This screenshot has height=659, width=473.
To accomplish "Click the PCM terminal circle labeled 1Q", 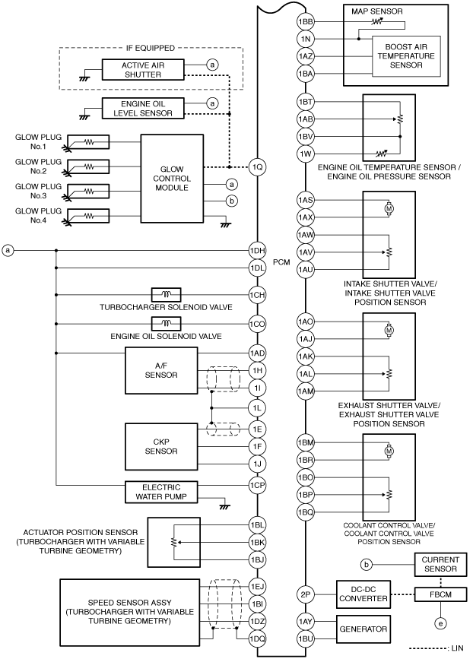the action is click(257, 167).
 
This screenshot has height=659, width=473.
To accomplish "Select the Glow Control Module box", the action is click(172, 179).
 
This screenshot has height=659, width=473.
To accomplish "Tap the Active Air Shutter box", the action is click(143, 70).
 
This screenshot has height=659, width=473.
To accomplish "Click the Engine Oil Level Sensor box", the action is click(143, 109).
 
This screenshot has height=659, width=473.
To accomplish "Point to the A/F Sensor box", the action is click(161, 370).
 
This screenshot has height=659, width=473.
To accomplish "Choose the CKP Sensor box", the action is click(161, 446).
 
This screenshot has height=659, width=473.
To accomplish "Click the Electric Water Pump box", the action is click(161, 492).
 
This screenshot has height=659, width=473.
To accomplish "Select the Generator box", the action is click(363, 629).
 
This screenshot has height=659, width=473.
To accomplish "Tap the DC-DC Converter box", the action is click(363, 594).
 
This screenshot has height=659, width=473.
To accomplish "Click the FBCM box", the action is click(440, 594).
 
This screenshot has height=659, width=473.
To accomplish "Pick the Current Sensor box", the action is click(440, 565).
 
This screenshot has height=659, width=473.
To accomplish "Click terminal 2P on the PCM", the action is click(306, 594).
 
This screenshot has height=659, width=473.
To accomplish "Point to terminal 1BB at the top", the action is click(306, 22).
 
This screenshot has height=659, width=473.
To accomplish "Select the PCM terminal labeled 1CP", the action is click(257, 485).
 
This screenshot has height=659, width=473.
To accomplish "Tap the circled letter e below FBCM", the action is click(440, 624).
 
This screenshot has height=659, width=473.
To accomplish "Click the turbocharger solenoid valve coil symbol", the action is click(166, 294).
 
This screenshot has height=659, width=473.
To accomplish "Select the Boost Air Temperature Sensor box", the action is click(406, 56).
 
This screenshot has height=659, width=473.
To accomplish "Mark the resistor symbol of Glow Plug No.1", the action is click(88, 142).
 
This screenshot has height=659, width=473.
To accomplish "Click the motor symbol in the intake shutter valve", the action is click(389, 208).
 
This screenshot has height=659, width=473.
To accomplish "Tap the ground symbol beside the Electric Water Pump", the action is click(225, 507).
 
